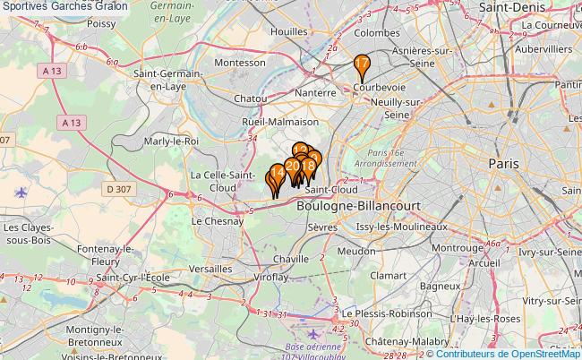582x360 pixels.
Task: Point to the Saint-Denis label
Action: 514,6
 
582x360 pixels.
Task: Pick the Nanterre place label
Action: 314,92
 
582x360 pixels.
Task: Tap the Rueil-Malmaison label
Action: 280,121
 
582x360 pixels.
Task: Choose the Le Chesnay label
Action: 218,220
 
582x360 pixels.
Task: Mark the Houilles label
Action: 289,31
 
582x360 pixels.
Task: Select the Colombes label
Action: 376,33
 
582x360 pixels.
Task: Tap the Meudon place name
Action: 356,252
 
